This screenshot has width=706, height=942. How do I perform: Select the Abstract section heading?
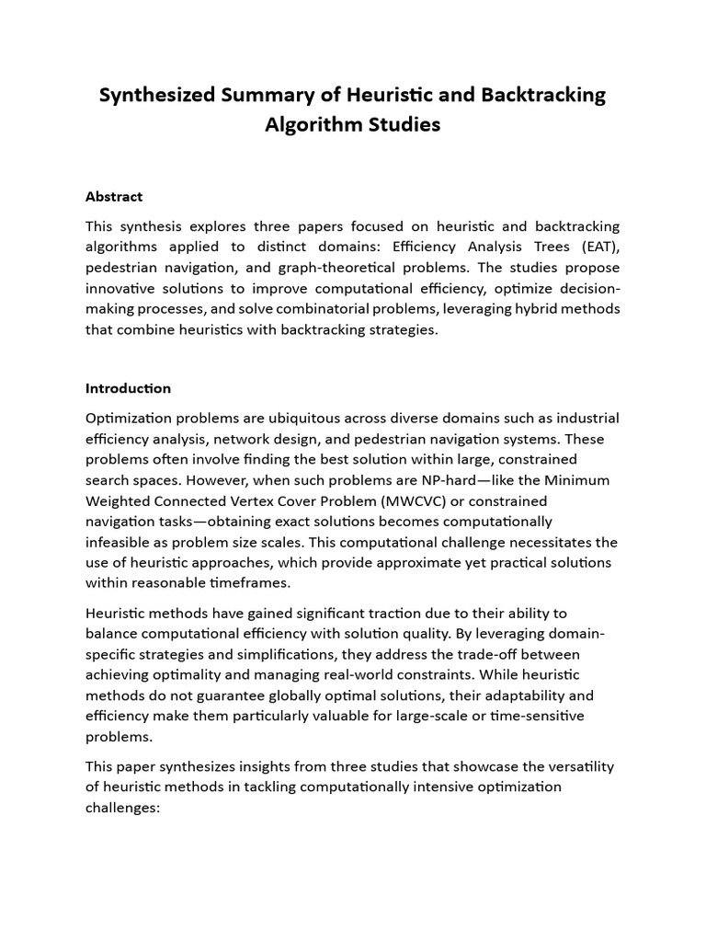pyautogui.click(x=114, y=196)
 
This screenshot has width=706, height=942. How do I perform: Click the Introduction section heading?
pyautogui.click(x=128, y=388)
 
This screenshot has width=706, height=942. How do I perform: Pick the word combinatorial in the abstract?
pyautogui.click(x=371, y=309)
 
